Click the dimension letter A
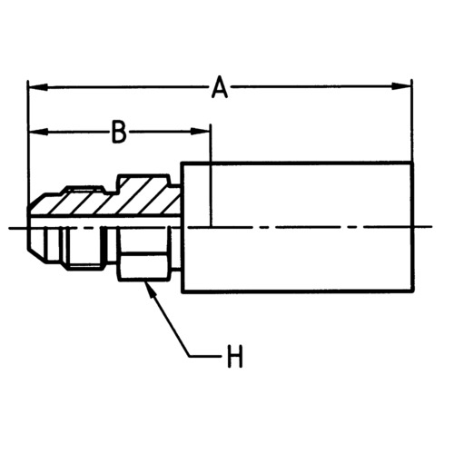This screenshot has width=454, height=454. pos(220,87)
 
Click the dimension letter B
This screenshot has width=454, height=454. pos(119,132)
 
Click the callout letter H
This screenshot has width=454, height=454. pos(235,357)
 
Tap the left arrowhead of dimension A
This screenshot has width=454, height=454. pos(38,87)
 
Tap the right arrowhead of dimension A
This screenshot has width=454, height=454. pos(401,86)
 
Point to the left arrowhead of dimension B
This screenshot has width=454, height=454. pos(38,132)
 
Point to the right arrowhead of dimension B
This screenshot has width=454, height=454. pos(201,132)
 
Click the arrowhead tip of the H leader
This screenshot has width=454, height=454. pos(145,282)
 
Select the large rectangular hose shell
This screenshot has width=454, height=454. pos(298,228)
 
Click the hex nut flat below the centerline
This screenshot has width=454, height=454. pos(145,266)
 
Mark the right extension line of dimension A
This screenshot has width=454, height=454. pos(412,121)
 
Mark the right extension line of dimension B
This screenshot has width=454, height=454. pos(211,175)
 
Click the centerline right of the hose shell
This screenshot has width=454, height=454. pos(423,227)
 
